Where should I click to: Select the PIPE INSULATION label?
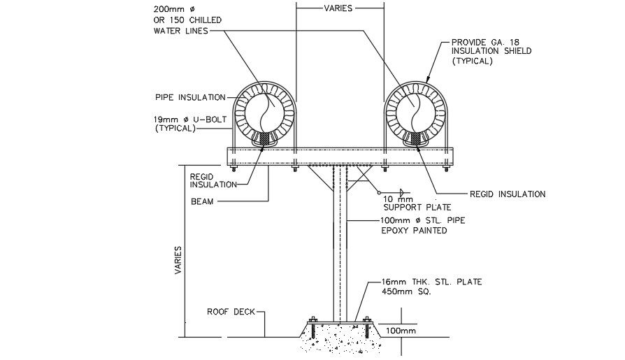(x=191, y=97)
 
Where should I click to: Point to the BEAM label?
(x=203, y=202)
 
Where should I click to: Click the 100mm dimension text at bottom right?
(x=401, y=330)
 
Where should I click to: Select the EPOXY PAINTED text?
(x=413, y=231)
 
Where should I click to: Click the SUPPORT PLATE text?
(x=418, y=208)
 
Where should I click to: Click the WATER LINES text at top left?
(x=180, y=31)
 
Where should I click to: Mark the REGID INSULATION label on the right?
(x=507, y=194)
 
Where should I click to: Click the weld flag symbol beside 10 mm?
(x=401, y=192)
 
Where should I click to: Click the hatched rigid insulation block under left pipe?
(x=265, y=140)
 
